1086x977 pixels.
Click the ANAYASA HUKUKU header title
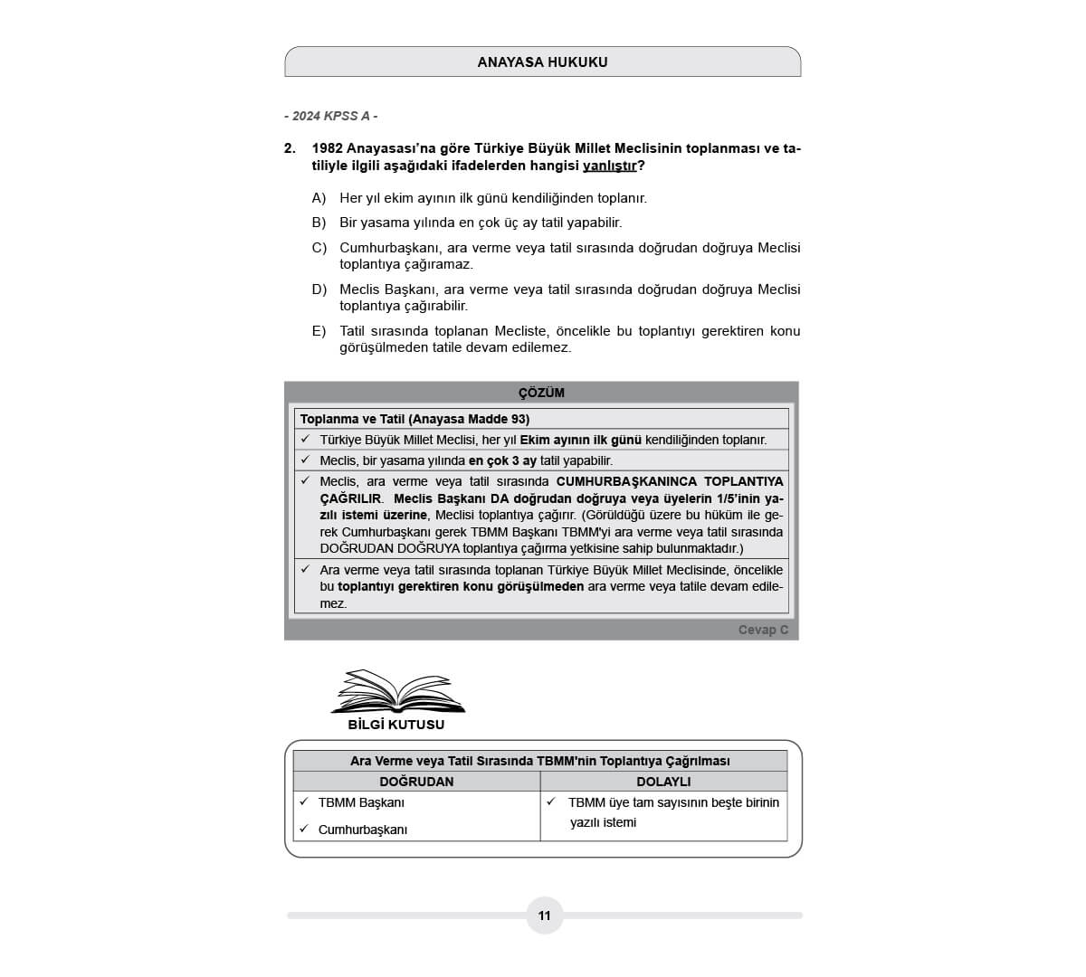point(542,62)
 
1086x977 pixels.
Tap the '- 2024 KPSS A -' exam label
point(330,116)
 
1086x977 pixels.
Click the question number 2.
point(290,148)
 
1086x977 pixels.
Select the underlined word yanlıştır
point(609,166)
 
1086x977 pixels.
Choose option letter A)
point(319,198)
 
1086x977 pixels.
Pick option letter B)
point(319,223)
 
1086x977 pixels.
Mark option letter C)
point(319,248)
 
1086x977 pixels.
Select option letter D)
point(319,289)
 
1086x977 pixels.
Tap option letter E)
point(319,331)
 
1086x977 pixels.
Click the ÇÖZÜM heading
point(541,393)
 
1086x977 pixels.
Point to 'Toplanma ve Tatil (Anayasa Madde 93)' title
point(414,419)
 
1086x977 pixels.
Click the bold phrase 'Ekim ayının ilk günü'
point(580,440)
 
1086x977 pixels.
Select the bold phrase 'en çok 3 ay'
point(502,460)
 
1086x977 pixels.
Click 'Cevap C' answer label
point(763,630)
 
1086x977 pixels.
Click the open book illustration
point(397,692)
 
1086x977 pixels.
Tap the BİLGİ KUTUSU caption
point(396,725)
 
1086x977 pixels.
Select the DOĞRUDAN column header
point(416,782)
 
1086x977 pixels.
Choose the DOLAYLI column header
point(663,782)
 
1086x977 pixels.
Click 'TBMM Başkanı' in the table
point(361,802)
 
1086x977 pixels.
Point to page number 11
point(544,915)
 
